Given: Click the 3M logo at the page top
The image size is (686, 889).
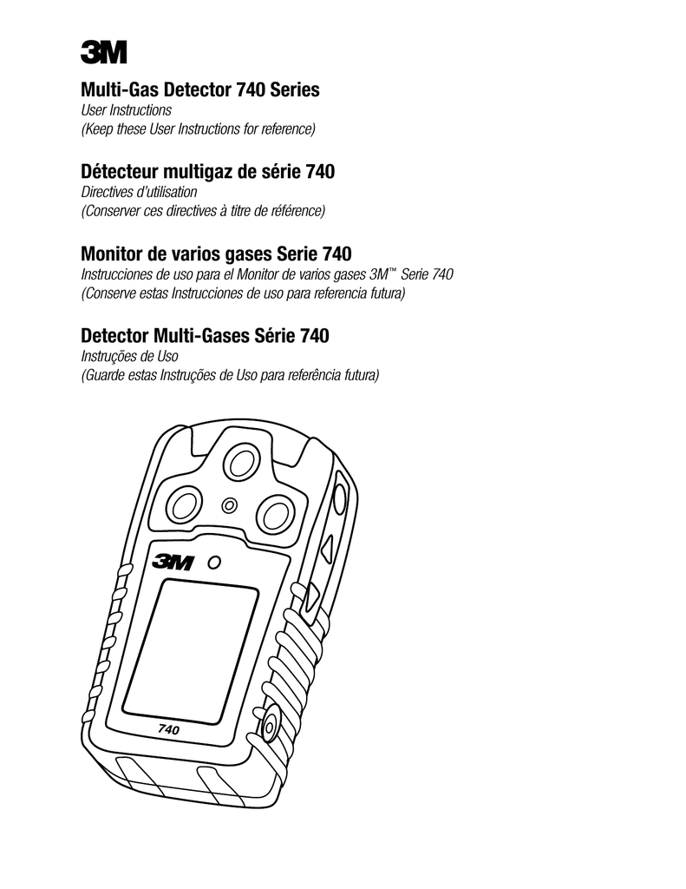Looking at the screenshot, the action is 104,52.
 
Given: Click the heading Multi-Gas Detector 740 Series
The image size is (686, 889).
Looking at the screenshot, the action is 200,89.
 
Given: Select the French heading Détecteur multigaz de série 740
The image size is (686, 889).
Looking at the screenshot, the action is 207,171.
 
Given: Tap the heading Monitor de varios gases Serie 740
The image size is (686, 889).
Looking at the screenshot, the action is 216,254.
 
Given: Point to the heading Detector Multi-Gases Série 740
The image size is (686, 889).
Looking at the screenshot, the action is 205,336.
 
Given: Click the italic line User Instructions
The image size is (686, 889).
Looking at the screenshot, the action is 126,110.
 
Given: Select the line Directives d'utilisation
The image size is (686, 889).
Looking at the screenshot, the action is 139,192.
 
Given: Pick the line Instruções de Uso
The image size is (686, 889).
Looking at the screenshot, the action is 129,357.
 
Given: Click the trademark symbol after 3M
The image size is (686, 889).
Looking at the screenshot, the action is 390,271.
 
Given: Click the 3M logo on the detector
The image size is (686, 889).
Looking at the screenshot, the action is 173,563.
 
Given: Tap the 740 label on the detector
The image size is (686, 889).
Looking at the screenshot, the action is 168,729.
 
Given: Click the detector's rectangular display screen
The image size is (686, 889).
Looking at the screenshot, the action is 191,651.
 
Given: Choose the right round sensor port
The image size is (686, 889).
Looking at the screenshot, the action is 276,514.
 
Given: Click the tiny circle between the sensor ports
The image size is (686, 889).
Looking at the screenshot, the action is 230,504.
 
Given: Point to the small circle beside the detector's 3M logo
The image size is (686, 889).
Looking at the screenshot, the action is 214,563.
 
